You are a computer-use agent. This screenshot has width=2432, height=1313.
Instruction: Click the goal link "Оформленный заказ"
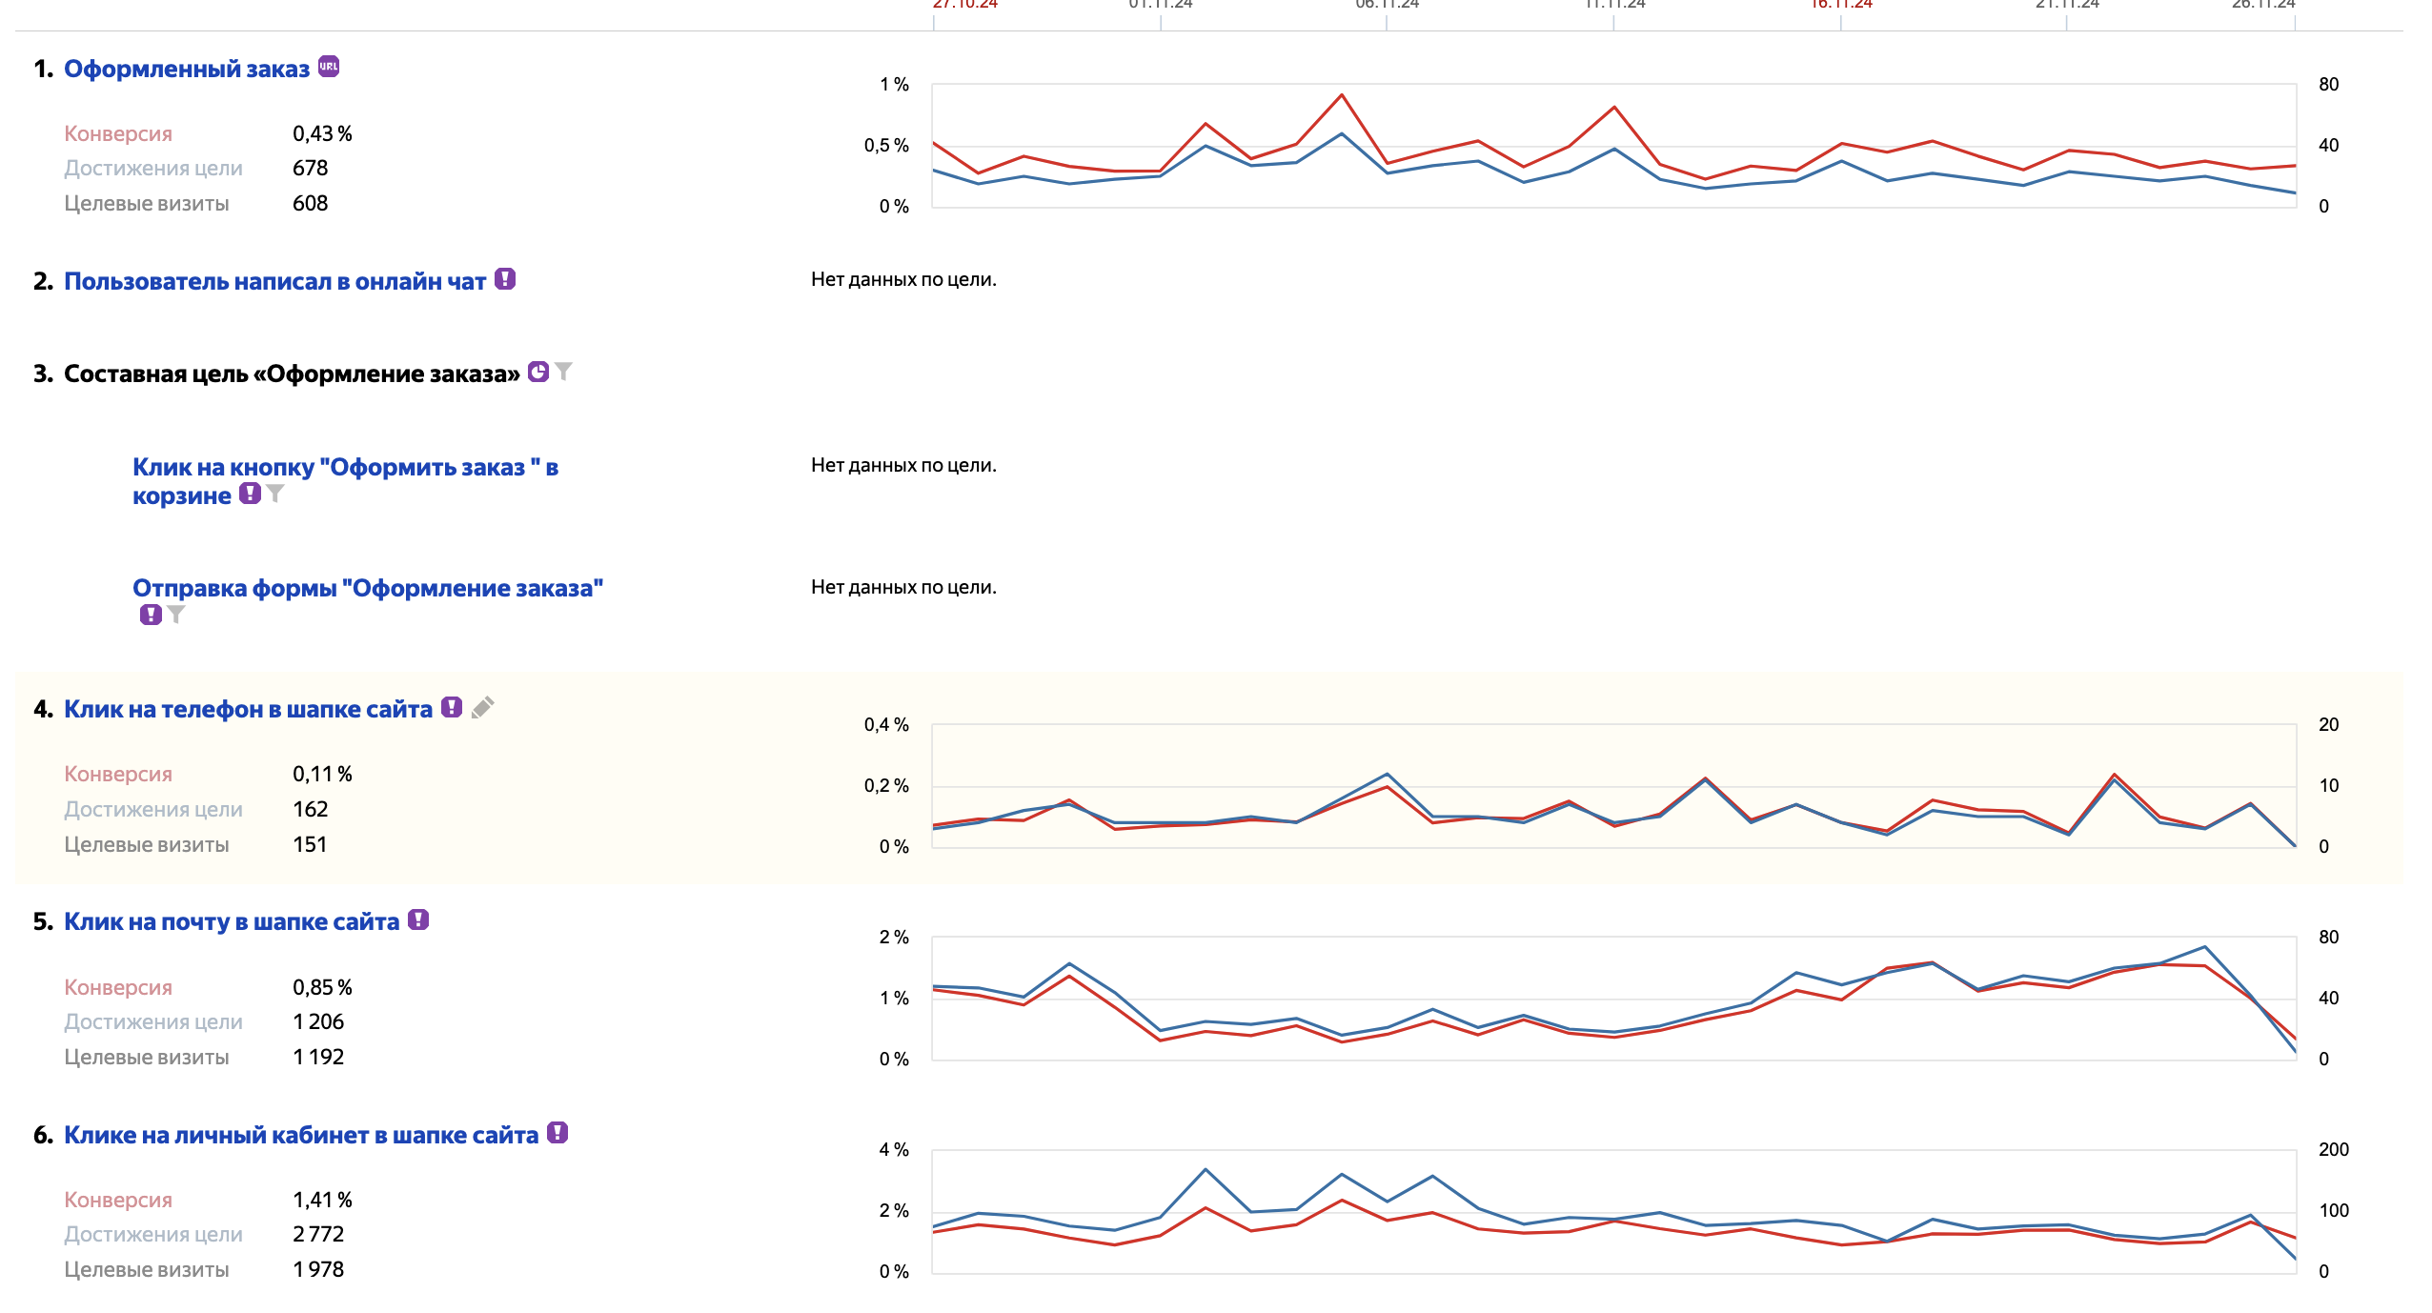point(187,70)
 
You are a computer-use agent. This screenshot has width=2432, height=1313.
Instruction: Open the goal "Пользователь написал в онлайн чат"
point(274,282)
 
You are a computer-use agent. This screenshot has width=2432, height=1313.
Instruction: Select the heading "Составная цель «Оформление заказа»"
point(292,374)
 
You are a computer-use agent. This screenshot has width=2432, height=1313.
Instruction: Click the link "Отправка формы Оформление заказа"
point(367,589)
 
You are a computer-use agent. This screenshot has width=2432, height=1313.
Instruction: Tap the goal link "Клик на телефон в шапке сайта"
point(248,710)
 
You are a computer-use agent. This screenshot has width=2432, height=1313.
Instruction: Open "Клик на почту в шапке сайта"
point(232,922)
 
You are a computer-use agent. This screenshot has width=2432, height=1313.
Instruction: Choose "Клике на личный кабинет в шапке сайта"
point(301,1136)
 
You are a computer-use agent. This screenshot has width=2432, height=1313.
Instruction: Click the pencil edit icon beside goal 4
point(483,708)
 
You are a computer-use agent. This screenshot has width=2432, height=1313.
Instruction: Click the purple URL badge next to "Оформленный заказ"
point(329,67)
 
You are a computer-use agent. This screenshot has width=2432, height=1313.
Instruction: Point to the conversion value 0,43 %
point(322,134)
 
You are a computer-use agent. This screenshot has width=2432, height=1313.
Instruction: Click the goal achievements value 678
point(311,169)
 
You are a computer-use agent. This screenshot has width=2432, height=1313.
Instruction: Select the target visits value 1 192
point(318,1058)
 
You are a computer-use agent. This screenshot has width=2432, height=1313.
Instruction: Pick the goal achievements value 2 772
point(318,1235)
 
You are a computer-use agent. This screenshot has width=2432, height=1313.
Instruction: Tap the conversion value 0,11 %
point(322,775)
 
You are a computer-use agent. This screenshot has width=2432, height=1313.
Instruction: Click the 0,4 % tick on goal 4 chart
point(886,725)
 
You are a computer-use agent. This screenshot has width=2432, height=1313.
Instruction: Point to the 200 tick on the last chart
point(2333,1150)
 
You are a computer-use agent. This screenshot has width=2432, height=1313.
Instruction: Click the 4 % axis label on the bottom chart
point(894,1150)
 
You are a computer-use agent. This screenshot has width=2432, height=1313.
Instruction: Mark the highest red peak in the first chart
point(1342,95)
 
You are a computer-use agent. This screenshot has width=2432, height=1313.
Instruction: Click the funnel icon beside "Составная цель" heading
point(564,372)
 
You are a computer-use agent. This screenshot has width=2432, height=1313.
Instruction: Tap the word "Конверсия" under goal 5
point(118,988)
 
